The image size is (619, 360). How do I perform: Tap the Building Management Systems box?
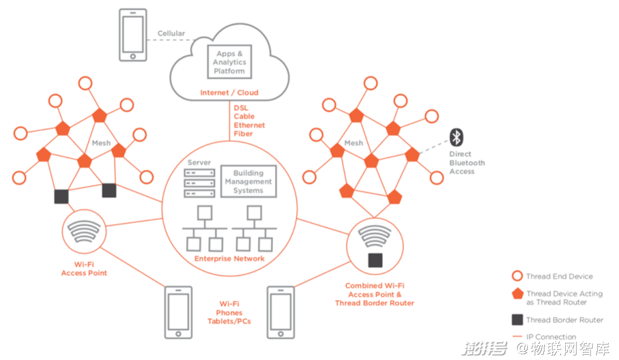coord(248,181)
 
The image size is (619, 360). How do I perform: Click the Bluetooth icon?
coord(456,137)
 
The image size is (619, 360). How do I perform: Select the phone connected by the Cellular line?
coord(132,35)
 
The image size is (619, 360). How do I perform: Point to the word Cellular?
coord(171,33)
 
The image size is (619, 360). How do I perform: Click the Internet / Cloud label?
coord(229,92)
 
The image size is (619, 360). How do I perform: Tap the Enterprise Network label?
coord(229,259)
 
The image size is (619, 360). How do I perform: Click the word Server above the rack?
coord(199,163)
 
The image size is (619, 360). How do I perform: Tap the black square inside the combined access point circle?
coord(375,260)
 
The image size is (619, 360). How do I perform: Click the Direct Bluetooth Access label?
coord(467,163)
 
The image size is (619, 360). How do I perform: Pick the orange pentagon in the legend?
coord(518,294)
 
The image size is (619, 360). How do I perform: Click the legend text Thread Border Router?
coord(565,320)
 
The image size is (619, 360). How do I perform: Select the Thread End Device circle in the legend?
coord(518,276)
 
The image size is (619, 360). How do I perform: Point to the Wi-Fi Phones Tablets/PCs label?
coord(229,312)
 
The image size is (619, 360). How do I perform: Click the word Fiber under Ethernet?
coord(243,134)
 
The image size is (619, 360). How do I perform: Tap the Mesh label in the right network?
coord(354,143)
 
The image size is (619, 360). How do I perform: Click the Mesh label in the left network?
coord(101,143)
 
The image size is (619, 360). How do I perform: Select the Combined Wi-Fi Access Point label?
coord(375,294)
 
